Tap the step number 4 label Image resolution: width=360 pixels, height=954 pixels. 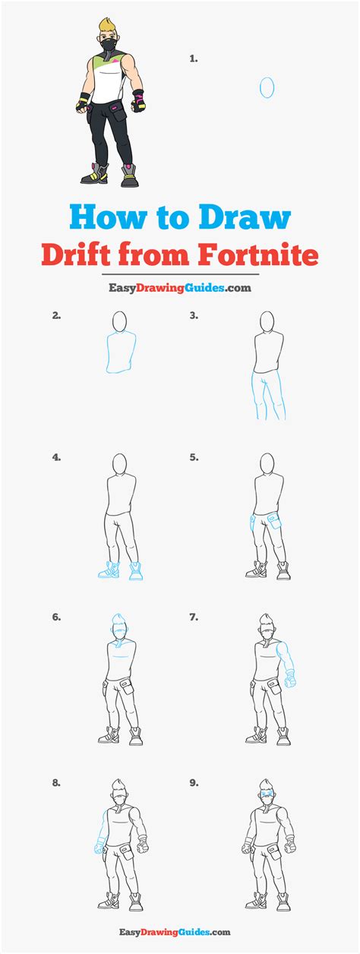coord(56,457)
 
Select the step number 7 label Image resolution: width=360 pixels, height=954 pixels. coord(194,618)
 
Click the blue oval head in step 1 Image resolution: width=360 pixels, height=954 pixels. coord(267,88)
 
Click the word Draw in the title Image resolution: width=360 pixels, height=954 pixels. coord(246,218)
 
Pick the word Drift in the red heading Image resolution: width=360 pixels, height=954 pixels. coord(77,254)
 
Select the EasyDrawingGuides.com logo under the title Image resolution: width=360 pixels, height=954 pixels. coord(179,288)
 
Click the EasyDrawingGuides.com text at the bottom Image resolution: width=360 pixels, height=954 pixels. coord(179,932)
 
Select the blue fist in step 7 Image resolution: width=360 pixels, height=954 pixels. coord(290,681)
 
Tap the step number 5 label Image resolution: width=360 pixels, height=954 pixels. coord(194,457)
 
